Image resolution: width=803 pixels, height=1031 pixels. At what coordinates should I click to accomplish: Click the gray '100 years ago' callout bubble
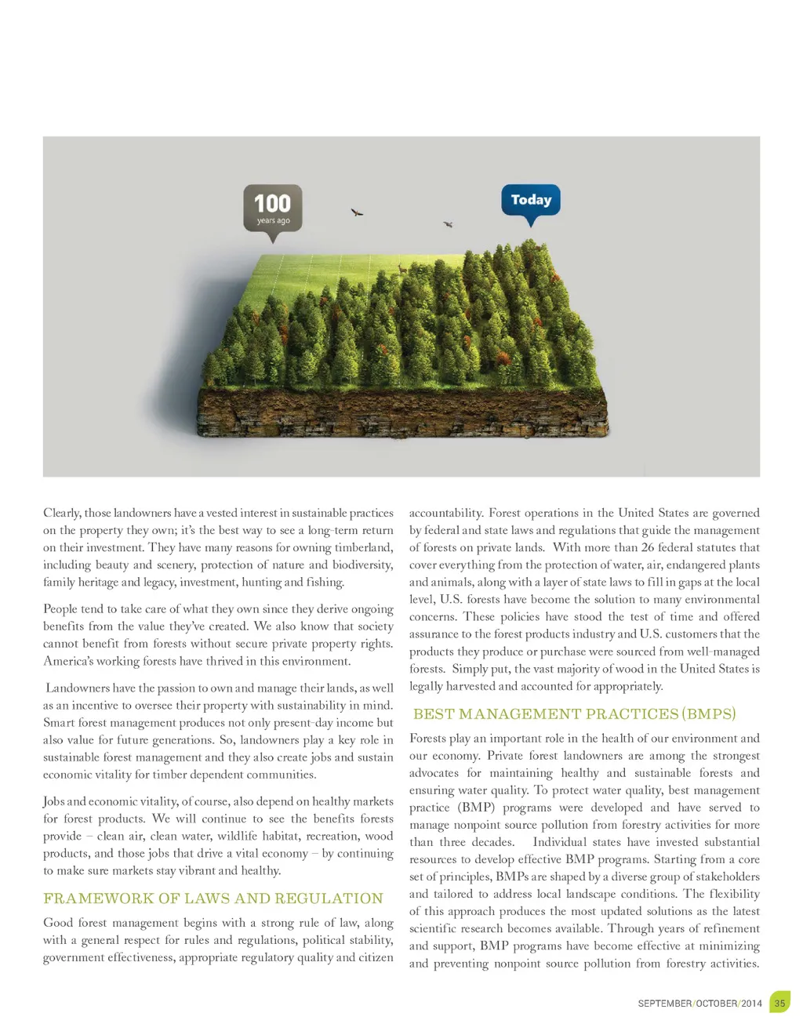[273, 209]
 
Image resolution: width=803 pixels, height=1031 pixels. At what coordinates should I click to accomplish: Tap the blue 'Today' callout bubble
[531, 201]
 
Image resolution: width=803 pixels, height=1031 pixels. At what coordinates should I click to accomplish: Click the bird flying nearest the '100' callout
[357, 212]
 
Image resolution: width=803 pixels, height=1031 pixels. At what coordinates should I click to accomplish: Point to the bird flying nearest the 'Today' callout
[449, 224]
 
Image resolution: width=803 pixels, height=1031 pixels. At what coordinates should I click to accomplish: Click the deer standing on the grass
[402, 269]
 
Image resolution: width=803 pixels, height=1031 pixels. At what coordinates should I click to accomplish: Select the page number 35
[779, 1003]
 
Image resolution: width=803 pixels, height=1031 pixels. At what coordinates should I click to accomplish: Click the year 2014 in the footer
[752, 1004]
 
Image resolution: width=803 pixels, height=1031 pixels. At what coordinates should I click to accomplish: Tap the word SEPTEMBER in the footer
[665, 1004]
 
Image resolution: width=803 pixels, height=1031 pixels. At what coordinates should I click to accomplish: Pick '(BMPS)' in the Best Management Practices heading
[709, 714]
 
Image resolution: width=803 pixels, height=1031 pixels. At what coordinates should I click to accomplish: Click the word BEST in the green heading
[434, 714]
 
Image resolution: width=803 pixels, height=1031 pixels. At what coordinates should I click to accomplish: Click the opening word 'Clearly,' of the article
[62, 513]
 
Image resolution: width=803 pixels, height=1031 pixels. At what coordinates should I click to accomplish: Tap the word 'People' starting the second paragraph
[61, 609]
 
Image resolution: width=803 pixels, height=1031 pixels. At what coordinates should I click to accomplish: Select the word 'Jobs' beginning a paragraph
[54, 801]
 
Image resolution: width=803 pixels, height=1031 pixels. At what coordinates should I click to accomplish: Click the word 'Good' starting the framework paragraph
[57, 923]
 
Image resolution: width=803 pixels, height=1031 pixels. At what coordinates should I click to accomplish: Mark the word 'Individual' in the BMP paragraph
[561, 842]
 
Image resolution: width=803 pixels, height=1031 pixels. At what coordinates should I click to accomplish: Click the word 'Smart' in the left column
[59, 723]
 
